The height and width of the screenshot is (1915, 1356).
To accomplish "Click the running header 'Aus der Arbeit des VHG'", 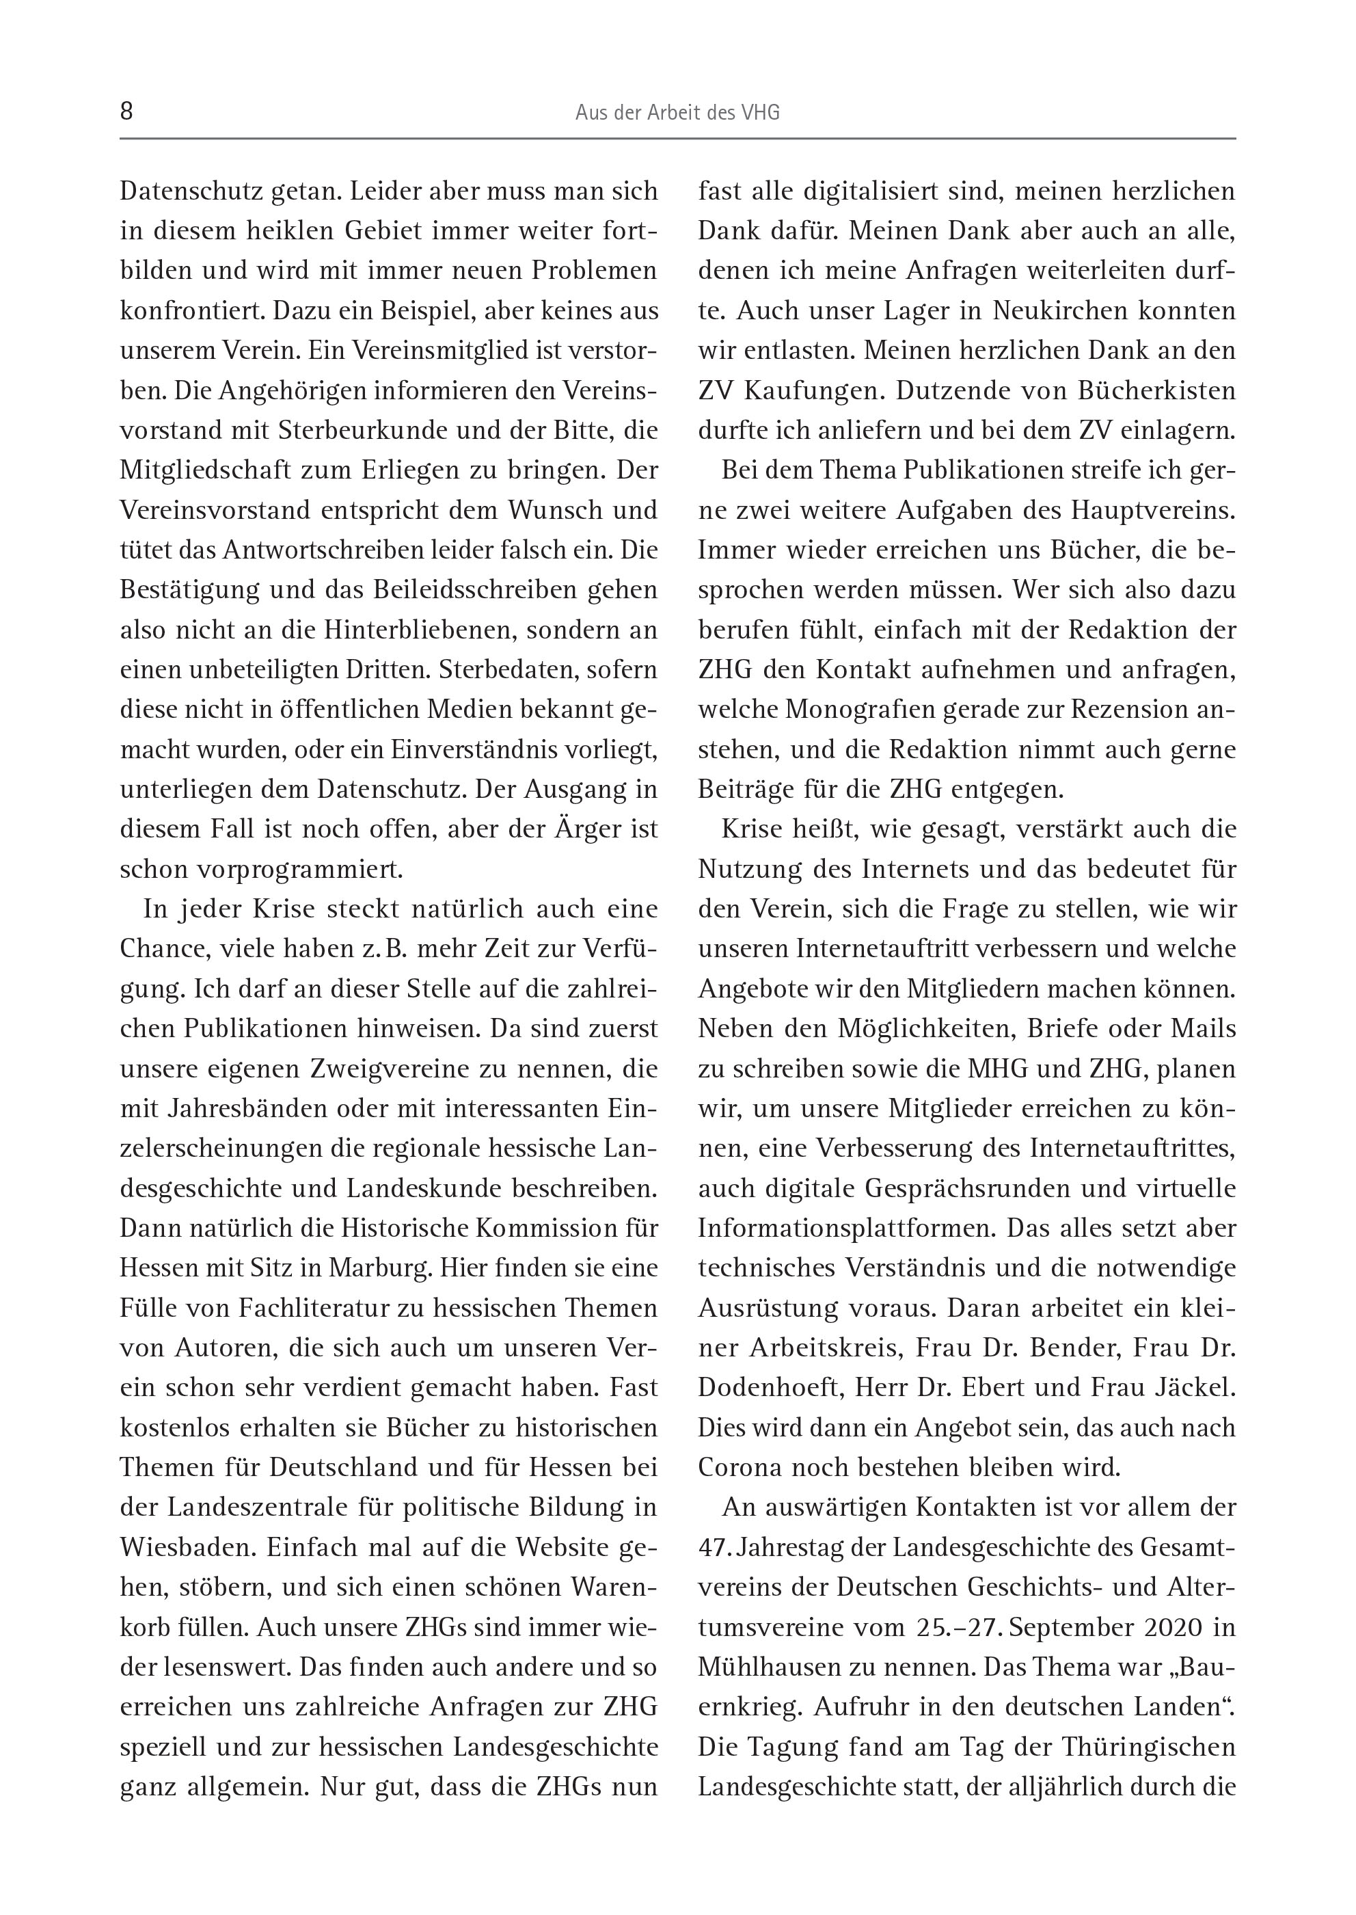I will tap(677, 113).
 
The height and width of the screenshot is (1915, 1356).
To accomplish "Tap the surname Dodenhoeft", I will tap(763, 1388).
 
